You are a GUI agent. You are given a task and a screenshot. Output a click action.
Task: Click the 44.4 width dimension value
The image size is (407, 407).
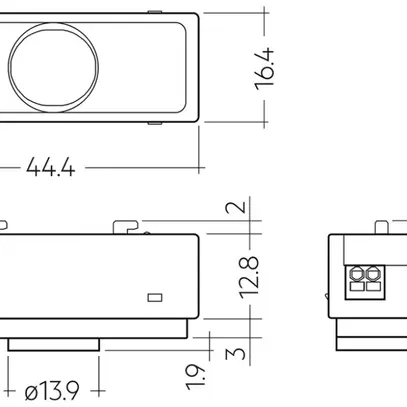point(52,167)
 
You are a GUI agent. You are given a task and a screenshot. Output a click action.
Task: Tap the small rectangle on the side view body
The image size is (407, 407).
point(154,297)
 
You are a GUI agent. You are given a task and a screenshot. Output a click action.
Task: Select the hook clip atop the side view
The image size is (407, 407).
point(127,225)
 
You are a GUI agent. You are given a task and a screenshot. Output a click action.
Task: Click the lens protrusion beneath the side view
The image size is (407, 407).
point(55,343)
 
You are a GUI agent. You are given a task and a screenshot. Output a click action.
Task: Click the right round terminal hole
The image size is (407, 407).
point(373,272)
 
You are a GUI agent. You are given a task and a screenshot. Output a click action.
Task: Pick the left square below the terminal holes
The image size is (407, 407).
point(358,286)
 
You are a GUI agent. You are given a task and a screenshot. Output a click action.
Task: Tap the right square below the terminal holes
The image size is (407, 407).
point(373,286)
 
